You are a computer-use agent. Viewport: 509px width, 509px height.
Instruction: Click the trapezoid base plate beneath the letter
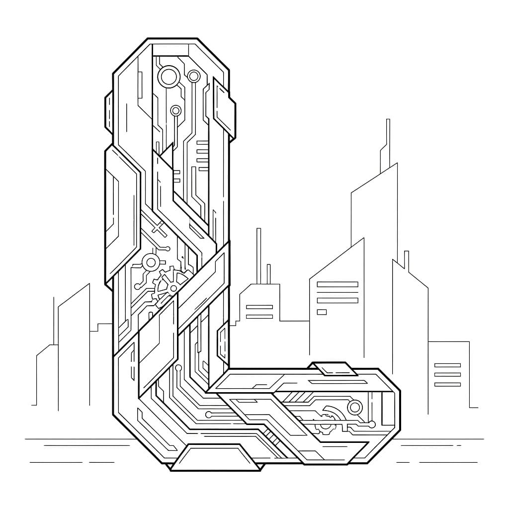click(216, 458)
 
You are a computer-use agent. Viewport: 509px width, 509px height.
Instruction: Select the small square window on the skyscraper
click(322, 312)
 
